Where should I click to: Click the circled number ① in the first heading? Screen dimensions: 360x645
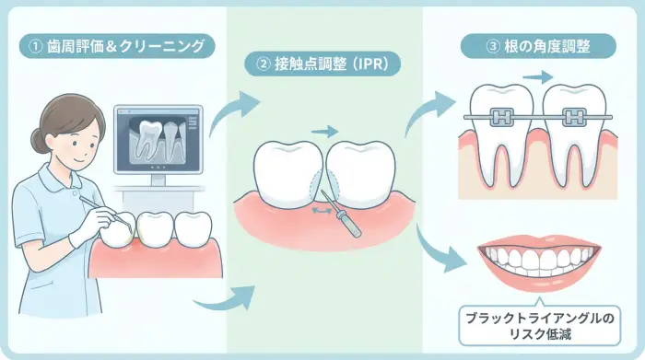coord(34,45)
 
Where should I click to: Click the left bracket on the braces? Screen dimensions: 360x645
coord(502,118)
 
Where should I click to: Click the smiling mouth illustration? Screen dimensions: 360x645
coord(538,262)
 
